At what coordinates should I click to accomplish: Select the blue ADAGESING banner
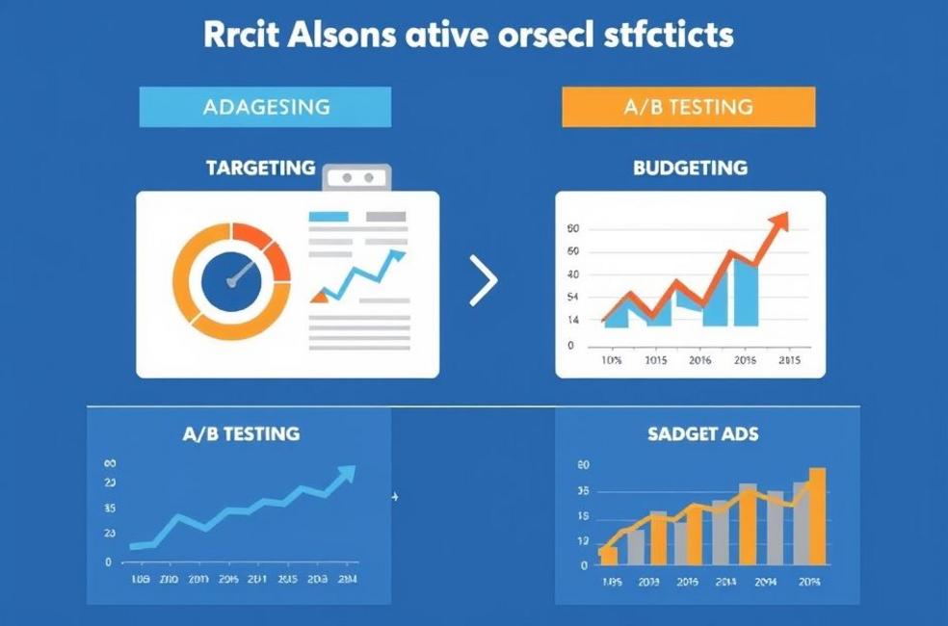tap(265, 107)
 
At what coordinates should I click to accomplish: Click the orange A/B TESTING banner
tap(688, 107)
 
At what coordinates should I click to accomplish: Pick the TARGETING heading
tap(260, 168)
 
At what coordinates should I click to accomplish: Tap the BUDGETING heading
tap(690, 168)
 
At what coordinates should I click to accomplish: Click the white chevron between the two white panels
tap(485, 281)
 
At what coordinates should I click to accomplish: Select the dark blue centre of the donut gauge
tap(231, 282)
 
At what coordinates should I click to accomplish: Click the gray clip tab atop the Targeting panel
tap(357, 177)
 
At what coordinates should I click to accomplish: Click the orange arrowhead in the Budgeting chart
tap(779, 221)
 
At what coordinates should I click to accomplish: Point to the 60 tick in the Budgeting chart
tap(573, 229)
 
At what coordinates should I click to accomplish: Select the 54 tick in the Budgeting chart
tap(573, 298)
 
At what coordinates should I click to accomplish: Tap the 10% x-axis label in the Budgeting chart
tap(612, 360)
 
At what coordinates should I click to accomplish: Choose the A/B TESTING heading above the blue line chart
tap(241, 433)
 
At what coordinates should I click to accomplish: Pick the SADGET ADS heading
tap(703, 434)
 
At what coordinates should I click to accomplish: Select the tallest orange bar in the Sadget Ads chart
tap(817, 515)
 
